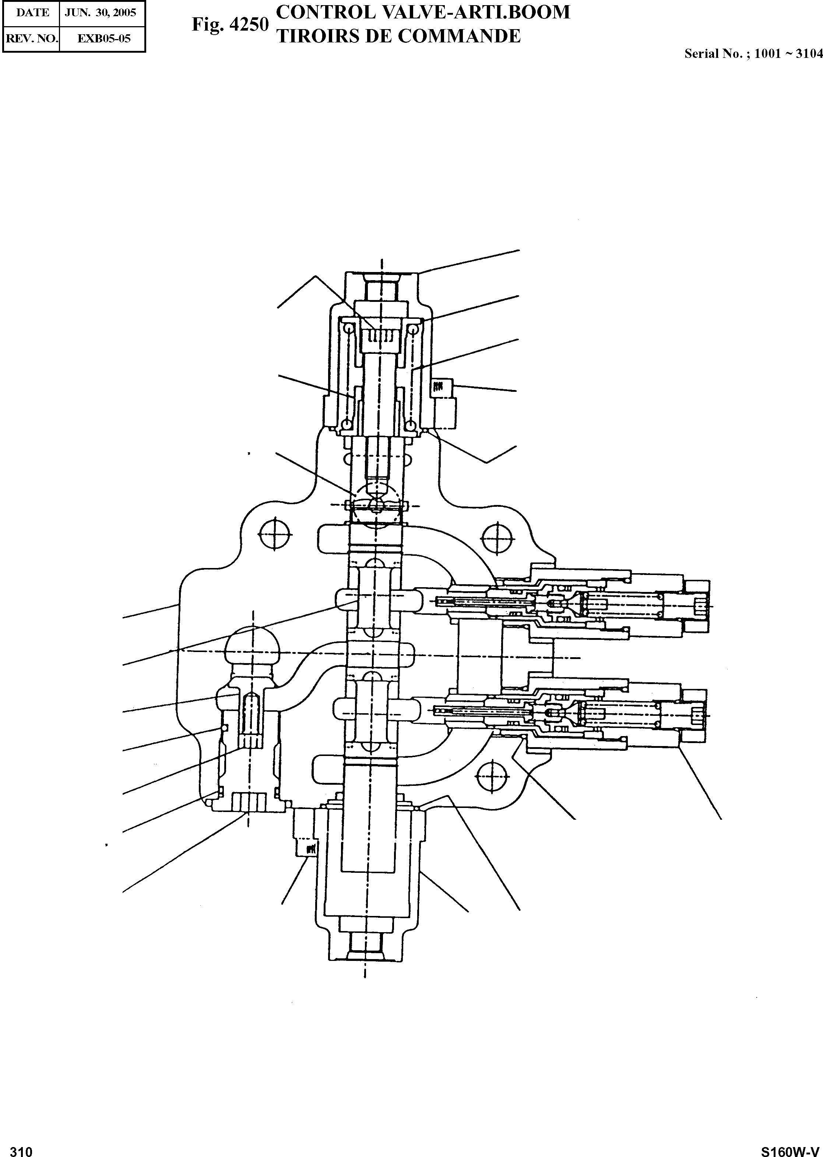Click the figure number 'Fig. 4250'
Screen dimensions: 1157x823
(x=229, y=24)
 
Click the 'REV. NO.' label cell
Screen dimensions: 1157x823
(x=31, y=39)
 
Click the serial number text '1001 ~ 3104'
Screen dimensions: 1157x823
(x=788, y=54)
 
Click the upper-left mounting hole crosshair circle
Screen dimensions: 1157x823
(x=275, y=534)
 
